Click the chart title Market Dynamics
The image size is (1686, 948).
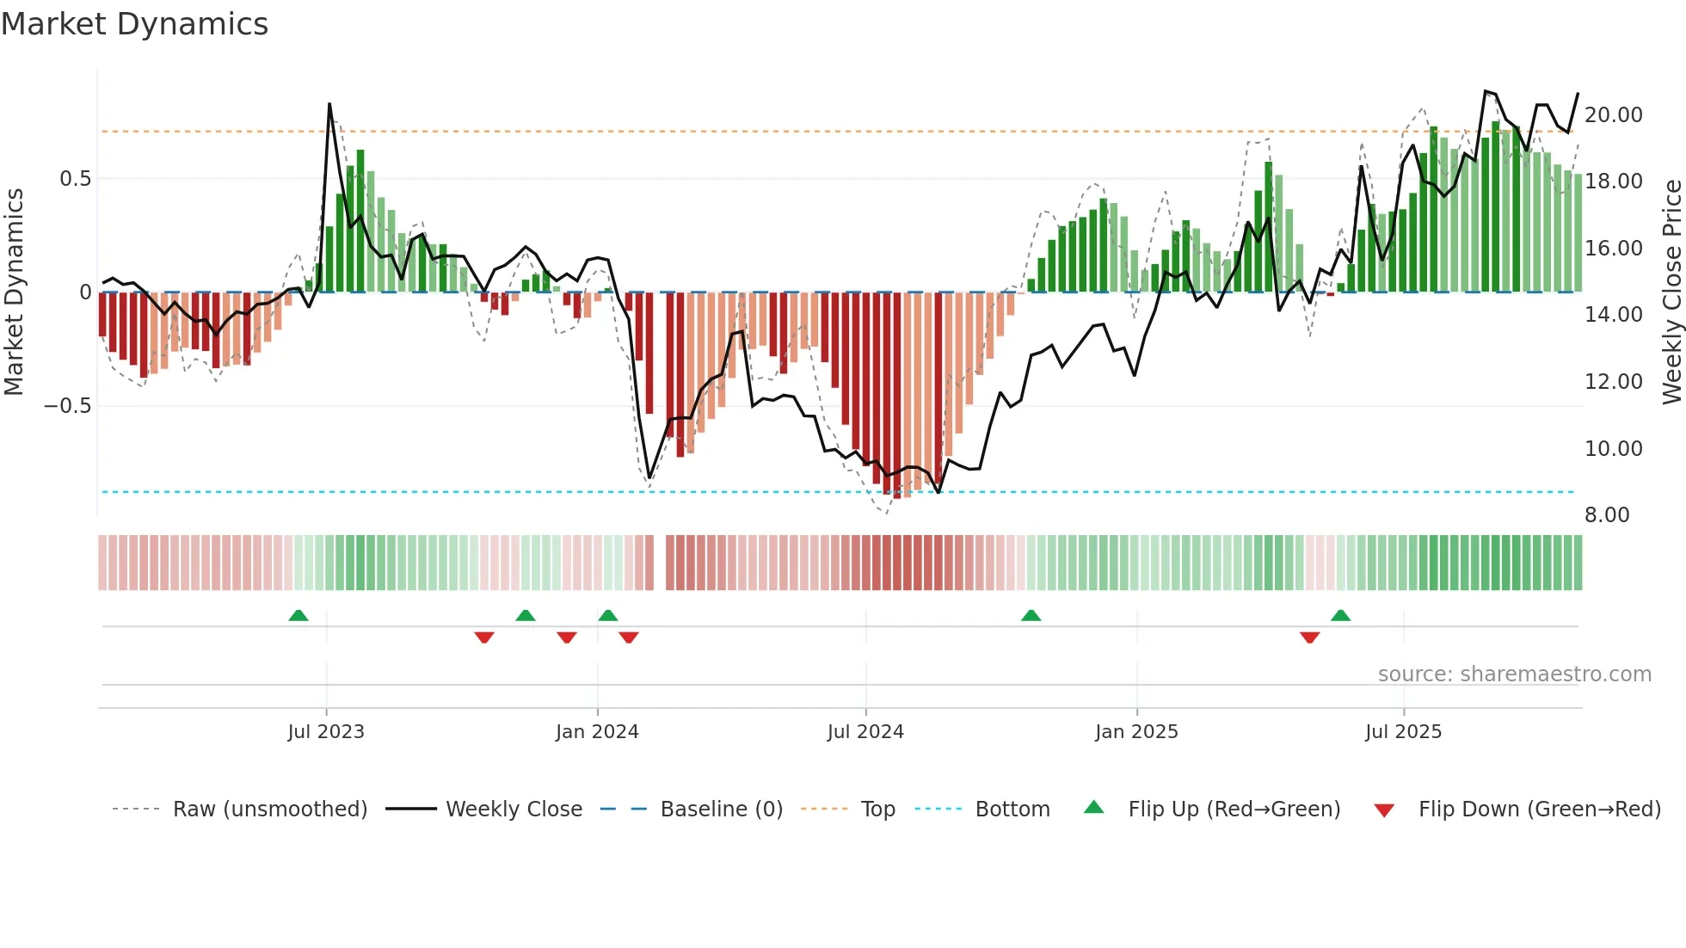[x=134, y=24]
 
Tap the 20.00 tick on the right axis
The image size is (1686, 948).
[x=1613, y=115]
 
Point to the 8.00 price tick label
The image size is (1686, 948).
[x=1607, y=515]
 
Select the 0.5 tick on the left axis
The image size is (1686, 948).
[x=75, y=179]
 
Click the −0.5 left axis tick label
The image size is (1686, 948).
[x=68, y=406]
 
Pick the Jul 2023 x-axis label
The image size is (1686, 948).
[x=326, y=732]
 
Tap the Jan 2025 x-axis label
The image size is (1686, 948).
[x=1136, y=732]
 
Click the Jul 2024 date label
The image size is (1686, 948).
[x=865, y=732]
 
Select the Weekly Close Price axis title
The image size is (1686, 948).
[x=1671, y=292]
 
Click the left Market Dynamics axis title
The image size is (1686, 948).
[x=14, y=292]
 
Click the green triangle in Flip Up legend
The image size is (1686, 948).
[x=1093, y=807]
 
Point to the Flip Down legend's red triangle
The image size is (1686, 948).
[x=1384, y=810]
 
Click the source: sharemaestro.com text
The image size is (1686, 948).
[x=1514, y=674]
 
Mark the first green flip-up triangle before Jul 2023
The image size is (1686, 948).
[x=298, y=616]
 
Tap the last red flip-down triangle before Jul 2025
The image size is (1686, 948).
[x=1309, y=637]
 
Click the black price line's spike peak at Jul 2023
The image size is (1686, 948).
[x=329, y=105]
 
